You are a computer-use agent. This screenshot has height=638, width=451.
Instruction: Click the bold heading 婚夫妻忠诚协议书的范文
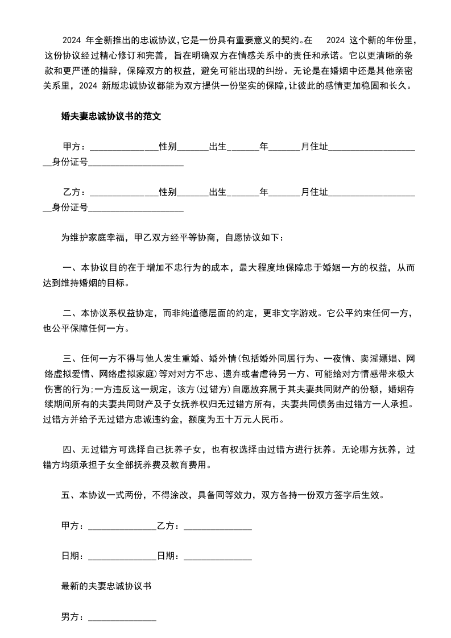tap(111, 117)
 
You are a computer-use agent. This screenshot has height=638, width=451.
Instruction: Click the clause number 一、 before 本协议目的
tap(72, 268)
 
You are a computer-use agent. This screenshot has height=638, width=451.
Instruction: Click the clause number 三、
tap(72, 359)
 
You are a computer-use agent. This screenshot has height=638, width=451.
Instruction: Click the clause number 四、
tap(72, 450)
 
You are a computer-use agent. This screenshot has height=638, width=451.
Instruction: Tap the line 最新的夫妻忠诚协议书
tap(106, 586)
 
